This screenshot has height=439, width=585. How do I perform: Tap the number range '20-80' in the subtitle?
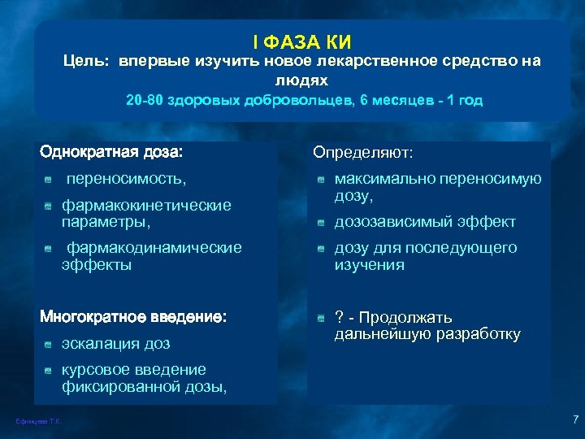[145, 102]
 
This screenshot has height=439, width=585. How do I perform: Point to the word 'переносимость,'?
[126, 176]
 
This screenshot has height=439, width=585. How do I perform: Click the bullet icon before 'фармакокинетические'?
[50, 206]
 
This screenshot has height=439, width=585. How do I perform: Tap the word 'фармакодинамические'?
[154, 247]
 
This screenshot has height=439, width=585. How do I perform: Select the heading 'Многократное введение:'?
[134, 315]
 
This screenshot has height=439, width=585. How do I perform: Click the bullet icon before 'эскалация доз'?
[50, 345]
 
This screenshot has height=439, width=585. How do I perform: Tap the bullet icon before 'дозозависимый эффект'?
[322, 222]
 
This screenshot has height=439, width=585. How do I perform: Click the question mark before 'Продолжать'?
[339, 317]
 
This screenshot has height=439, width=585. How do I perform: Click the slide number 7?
[574, 420]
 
